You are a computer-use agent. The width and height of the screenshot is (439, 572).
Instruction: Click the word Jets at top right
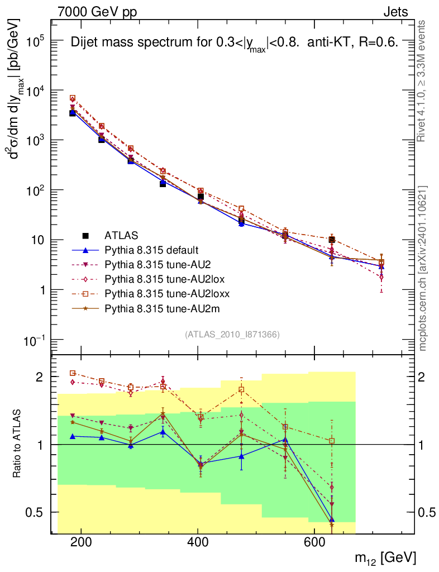pos(395,11)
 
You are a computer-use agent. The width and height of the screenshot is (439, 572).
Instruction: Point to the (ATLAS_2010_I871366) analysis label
pos(232,335)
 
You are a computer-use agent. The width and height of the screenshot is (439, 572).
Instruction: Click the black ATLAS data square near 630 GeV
pos(332,240)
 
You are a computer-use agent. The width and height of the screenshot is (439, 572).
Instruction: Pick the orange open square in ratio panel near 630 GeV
pos(332,441)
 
